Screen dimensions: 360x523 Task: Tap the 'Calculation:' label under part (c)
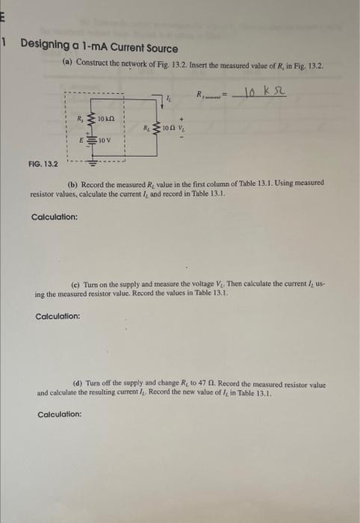58,316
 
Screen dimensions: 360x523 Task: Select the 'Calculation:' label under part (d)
59,414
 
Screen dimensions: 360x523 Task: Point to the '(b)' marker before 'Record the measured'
72,183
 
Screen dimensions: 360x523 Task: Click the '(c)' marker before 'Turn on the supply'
75,285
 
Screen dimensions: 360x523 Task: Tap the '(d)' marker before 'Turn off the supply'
78,383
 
